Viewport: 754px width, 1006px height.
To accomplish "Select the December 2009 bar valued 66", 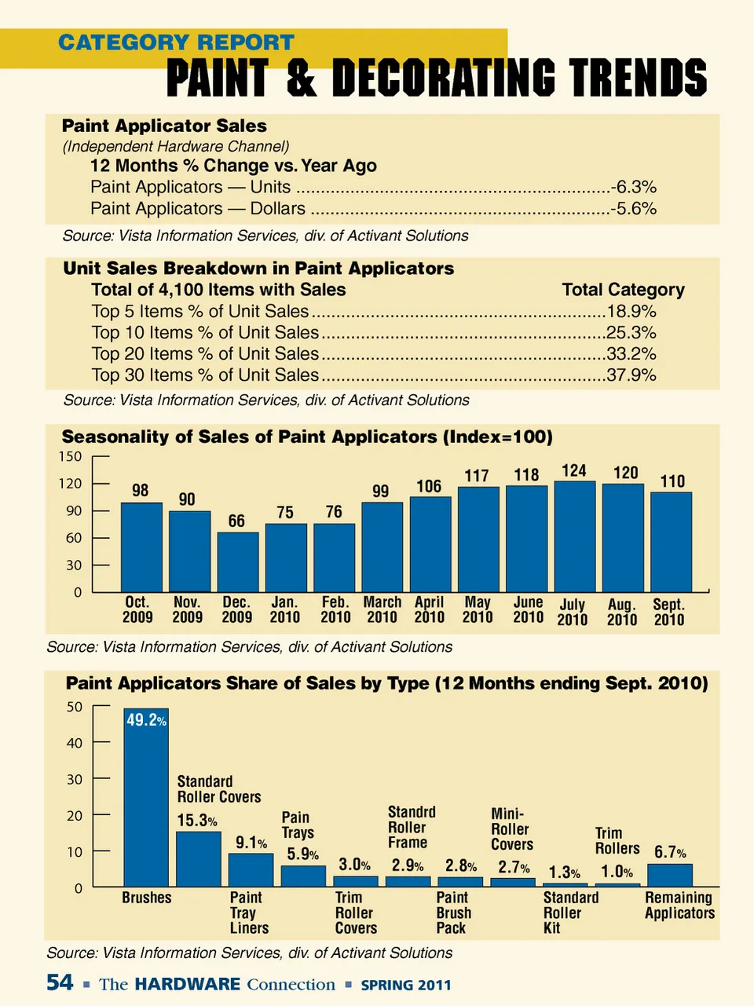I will (237, 562).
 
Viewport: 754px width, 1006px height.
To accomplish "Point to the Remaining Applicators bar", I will (669, 876).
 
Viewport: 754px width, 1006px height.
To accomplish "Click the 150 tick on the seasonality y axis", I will (70, 456).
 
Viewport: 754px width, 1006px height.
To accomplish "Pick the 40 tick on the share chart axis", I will (75, 743).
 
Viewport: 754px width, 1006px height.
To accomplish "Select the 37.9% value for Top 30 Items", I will (631, 375).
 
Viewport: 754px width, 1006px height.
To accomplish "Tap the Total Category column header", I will (623, 290).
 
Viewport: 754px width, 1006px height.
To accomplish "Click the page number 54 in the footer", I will (60, 982).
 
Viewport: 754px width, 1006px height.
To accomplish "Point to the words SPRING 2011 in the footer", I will (405, 985).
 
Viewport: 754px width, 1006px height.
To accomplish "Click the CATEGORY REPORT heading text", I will (176, 42).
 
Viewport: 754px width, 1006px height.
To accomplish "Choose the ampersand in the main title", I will (301, 79).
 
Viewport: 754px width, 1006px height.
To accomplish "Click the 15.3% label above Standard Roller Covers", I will (196, 821).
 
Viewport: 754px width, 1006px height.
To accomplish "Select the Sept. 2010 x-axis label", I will (668, 612).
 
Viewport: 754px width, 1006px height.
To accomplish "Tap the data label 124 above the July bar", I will (574, 470).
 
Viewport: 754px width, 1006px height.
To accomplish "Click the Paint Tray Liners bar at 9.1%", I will (251, 870).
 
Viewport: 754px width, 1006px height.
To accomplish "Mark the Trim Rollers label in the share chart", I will (617, 840).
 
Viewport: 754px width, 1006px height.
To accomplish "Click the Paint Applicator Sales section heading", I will (164, 126).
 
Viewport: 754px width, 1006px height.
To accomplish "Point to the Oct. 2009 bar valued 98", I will (141, 547).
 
